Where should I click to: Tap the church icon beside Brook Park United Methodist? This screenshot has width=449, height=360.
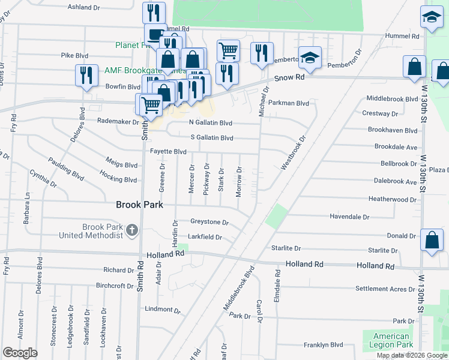coord(131,230)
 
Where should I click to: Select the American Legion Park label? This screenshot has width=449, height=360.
coord(390,340)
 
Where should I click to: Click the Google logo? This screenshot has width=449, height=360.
coord(20,352)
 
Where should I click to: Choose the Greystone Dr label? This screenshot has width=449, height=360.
coord(209,222)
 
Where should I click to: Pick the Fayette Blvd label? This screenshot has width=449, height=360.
coord(168,152)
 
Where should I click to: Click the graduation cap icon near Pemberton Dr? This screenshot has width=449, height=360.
coord(310,58)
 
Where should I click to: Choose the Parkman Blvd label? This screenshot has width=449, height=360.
coord(289,103)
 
